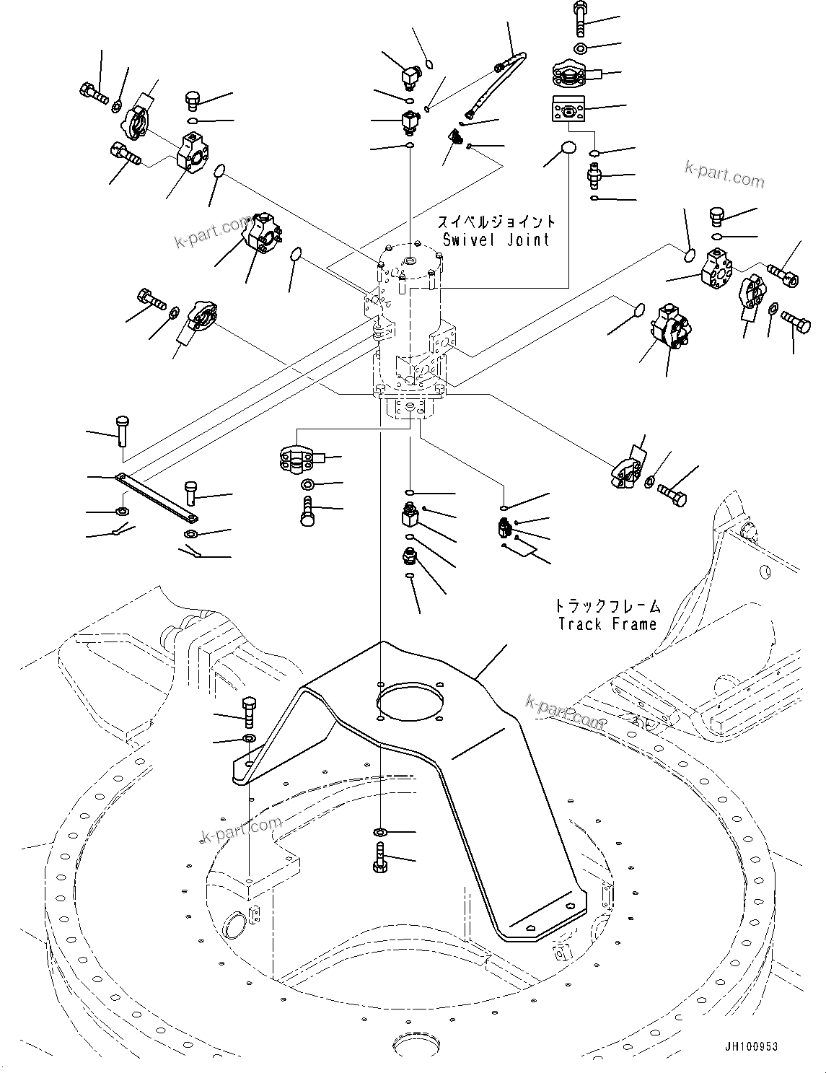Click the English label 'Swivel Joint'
(496, 240)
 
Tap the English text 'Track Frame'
(607, 624)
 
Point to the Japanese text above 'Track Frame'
(607, 606)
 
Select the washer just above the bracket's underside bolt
(381, 834)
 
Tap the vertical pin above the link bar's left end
(121, 432)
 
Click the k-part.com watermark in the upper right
(724, 175)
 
